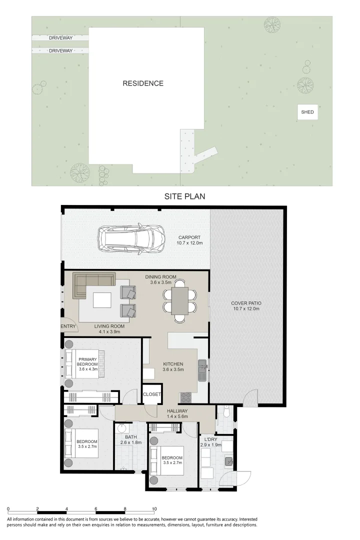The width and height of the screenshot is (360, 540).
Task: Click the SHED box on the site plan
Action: pyautogui.click(x=307, y=112)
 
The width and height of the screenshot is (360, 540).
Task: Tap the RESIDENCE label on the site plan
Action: pyautogui.click(x=143, y=83)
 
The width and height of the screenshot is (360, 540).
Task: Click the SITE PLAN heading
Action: pyautogui.click(x=184, y=196)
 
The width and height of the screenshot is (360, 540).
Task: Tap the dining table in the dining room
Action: pyautogui.click(x=179, y=300)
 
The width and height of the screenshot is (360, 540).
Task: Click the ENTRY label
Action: pyautogui.click(x=68, y=326)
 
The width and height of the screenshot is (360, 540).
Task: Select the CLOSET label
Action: pyautogui.click(x=151, y=394)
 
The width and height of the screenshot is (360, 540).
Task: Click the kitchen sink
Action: pyautogui.click(x=202, y=369)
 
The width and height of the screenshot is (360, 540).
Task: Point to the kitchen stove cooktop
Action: pyautogui.click(x=185, y=397)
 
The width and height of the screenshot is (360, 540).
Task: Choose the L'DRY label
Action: pyautogui.click(x=210, y=439)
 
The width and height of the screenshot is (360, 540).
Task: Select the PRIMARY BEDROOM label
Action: pyautogui.click(x=87, y=361)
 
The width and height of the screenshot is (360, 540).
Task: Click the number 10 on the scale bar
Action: pyautogui.click(x=154, y=508)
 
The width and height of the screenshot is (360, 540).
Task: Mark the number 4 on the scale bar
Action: pyautogui.click(x=66, y=508)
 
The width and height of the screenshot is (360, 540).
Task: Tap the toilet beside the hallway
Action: pyautogui.click(x=226, y=413)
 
